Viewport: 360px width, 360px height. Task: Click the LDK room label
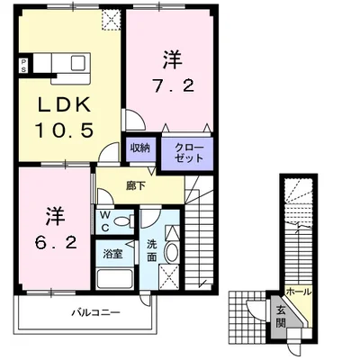[x=64, y=104]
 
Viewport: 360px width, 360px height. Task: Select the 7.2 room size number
[x=173, y=86]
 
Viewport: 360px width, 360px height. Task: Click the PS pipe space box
[x=23, y=65]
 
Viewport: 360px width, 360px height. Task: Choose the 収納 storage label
[x=140, y=148]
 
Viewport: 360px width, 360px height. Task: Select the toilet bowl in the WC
[x=124, y=222]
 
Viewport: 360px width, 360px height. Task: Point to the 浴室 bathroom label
[x=112, y=255]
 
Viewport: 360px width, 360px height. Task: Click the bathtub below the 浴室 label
[x=114, y=279]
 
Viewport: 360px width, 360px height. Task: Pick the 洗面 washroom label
[x=151, y=251]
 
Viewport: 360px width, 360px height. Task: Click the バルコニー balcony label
[x=95, y=313]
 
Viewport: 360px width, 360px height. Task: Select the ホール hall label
[x=299, y=292]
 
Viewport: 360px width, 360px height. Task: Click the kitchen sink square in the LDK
[x=78, y=63]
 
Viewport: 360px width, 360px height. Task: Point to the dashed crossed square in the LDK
[x=111, y=20]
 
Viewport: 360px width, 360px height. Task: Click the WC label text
[x=104, y=221]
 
